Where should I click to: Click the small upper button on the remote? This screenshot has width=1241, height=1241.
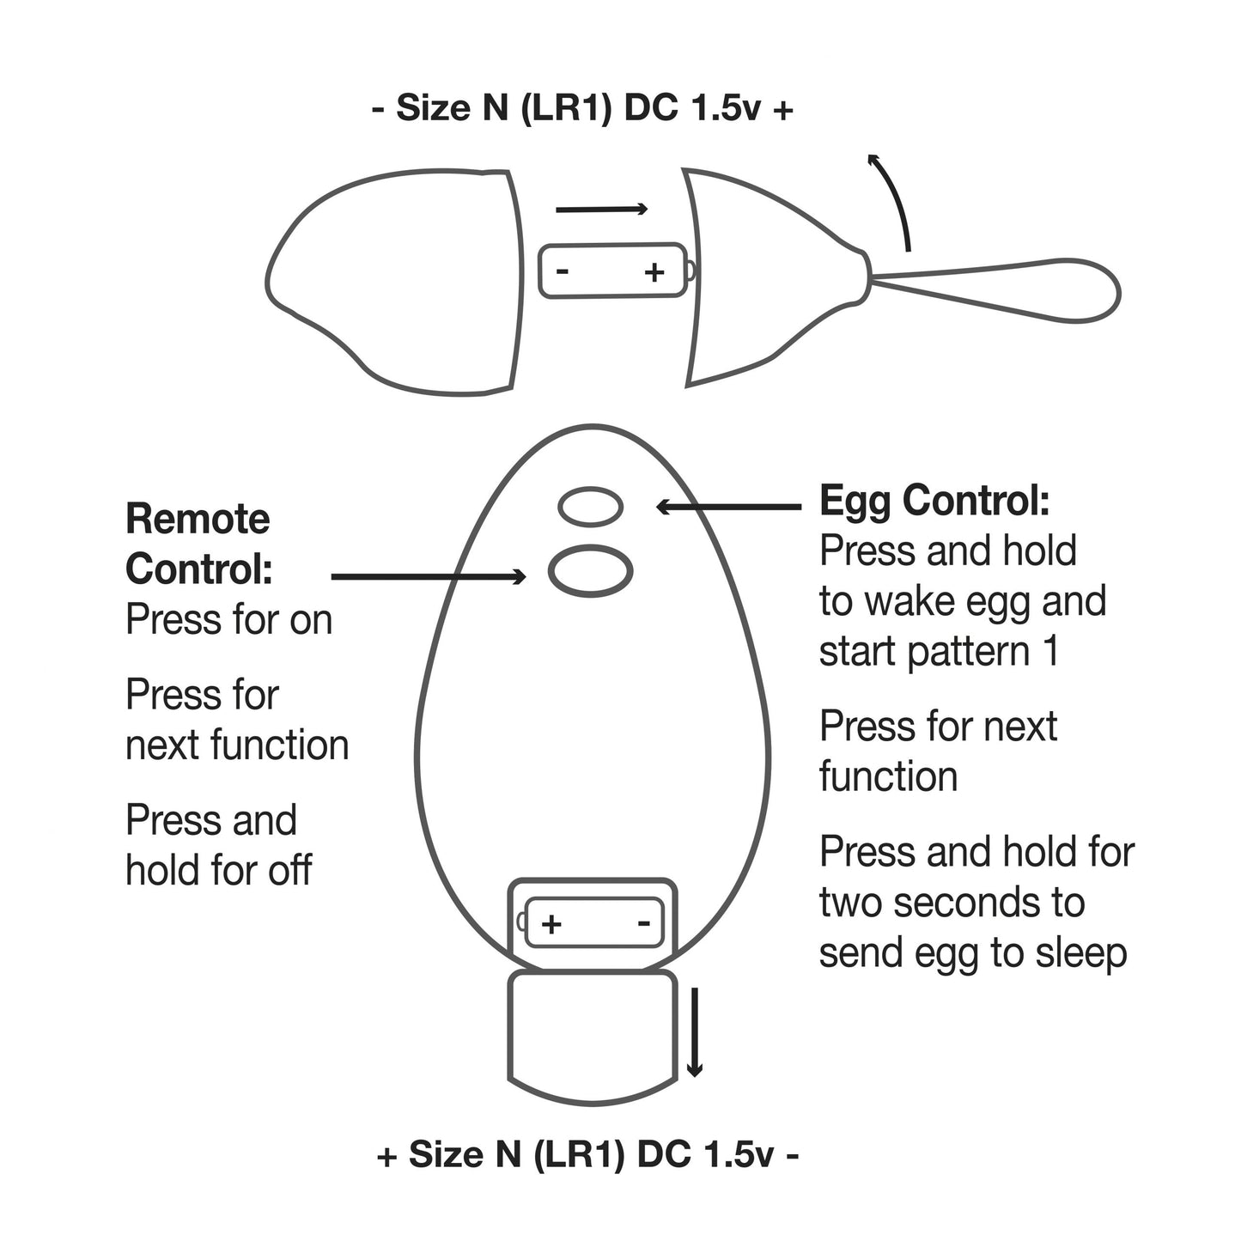point(591,507)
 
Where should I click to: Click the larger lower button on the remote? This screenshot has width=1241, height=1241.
point(591,570)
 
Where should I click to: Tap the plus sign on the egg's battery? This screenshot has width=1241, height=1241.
point(654,272)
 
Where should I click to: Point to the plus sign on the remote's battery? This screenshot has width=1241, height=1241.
point(551,924)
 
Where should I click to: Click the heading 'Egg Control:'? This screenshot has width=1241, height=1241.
point(934,501)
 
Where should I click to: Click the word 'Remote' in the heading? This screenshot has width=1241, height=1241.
point(198,520)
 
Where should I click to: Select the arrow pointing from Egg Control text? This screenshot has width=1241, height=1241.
point(728,508)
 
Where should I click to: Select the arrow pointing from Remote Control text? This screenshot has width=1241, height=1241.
point(428,577)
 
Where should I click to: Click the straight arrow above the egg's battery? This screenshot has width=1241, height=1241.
point(601,209)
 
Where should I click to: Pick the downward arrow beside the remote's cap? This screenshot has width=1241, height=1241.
point(695,1031)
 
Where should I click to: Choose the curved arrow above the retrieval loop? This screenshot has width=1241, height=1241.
point(894,198)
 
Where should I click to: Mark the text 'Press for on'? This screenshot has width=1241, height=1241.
point(228,620)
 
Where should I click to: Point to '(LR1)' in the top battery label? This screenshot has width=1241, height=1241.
point(566,110)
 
